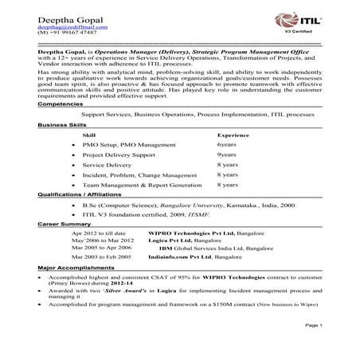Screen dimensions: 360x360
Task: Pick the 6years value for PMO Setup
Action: click(x=226, y=146)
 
